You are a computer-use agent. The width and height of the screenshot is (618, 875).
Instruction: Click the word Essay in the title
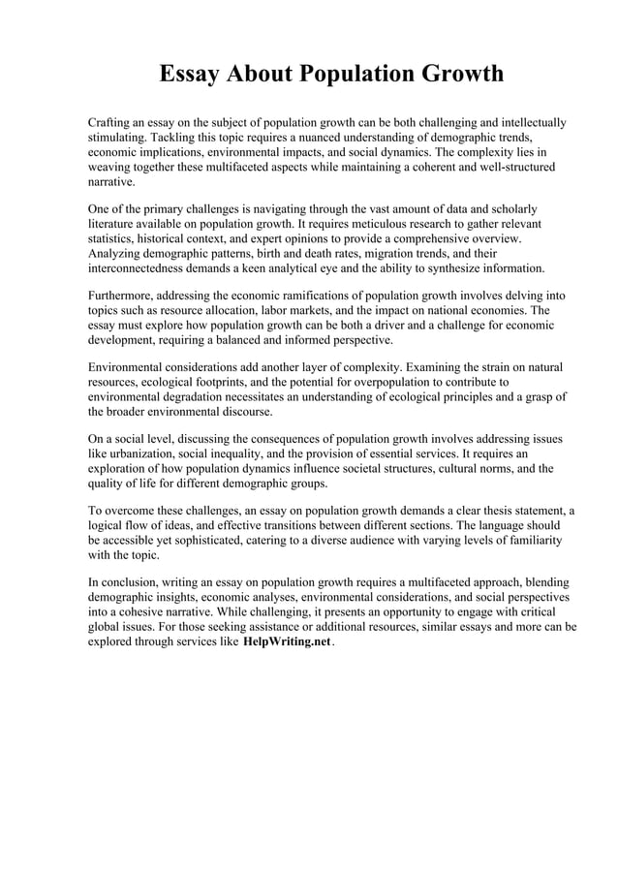[x=190, y=75]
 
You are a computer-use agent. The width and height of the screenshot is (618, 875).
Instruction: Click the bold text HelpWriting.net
[x=286, y=642]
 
